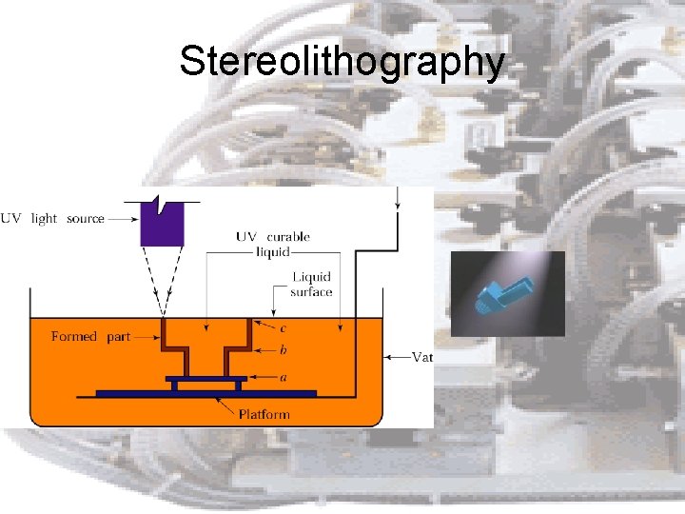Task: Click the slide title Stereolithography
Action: (342, 62)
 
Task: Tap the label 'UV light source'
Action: (53, 218)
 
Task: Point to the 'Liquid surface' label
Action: (312, 284)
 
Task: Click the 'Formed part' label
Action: (90, 336)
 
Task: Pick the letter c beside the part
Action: (283, 329)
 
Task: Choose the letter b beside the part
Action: (283, 350)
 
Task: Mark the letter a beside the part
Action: (283, 377)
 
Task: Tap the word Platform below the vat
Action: (264, 414)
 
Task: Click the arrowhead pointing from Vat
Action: (387, 357)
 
